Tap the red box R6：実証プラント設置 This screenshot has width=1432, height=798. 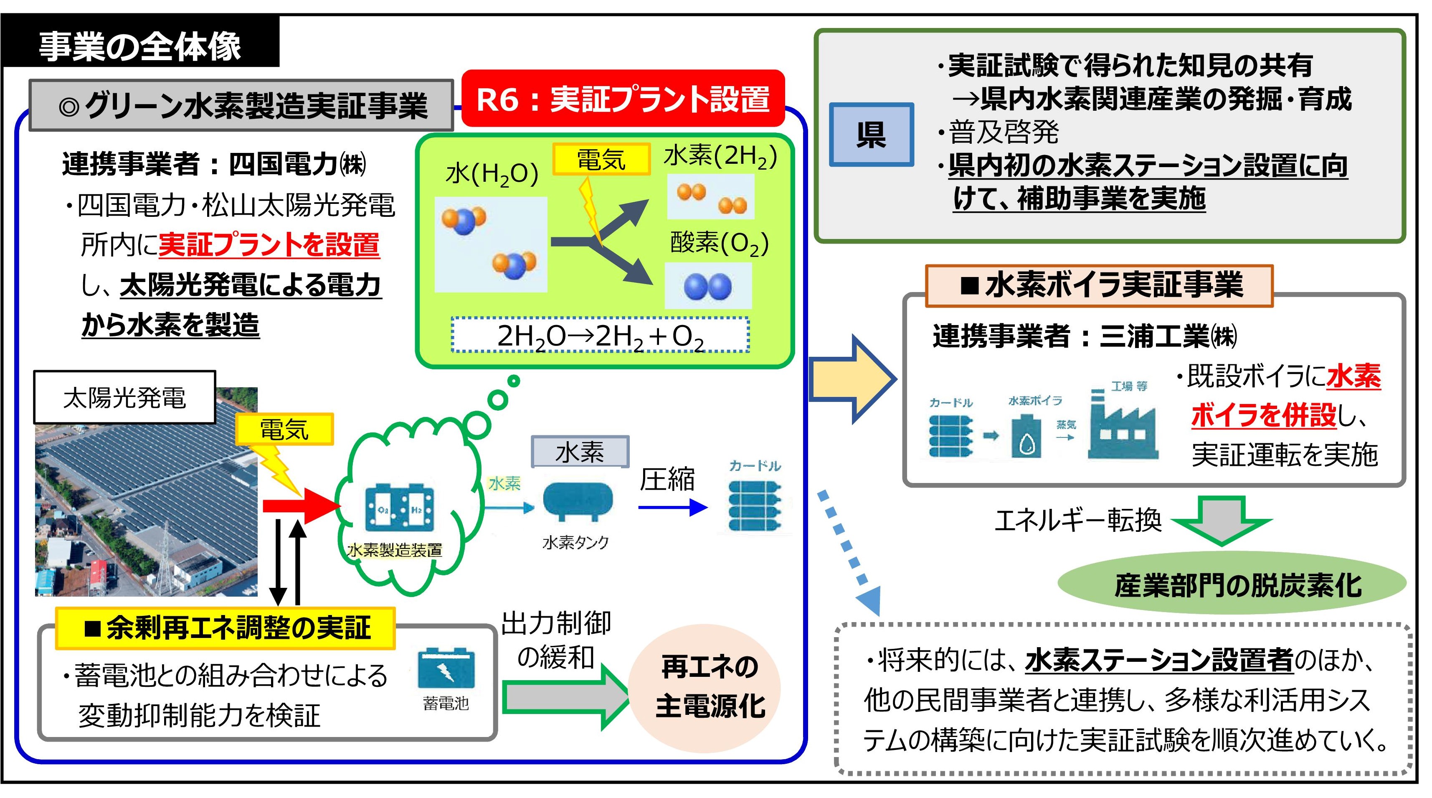coord(623,99)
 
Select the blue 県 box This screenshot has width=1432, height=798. coord(871,135)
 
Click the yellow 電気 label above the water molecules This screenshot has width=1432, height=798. coord(601,159)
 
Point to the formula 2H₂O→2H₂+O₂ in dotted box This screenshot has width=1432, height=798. coord(601,336)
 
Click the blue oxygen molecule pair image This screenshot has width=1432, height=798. coord(708,286)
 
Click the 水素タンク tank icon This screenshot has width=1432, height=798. coord(577,501)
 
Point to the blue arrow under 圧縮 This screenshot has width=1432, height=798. coord(673,507)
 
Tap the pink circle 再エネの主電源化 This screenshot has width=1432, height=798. coord(705,687)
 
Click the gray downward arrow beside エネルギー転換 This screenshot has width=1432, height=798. coord(1222,520)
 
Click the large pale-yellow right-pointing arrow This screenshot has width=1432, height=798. coord(851,379)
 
